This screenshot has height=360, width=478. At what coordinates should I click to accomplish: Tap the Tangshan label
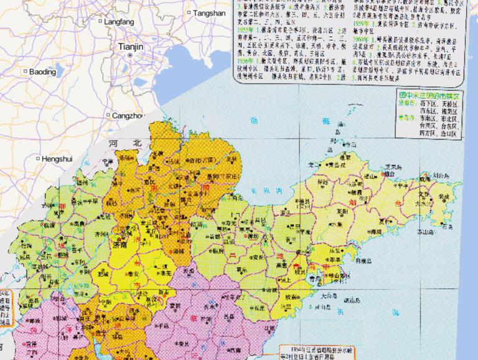pos(209,12)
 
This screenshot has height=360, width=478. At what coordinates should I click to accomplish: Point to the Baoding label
pos(42,72)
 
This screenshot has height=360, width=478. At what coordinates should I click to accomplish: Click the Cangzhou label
pos(128,115)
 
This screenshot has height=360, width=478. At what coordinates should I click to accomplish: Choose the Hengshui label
pos(57,159)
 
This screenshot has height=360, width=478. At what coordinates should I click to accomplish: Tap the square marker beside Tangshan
pos(189,12)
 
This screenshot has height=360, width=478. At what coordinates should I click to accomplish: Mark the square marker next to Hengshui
pos(38,159)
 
